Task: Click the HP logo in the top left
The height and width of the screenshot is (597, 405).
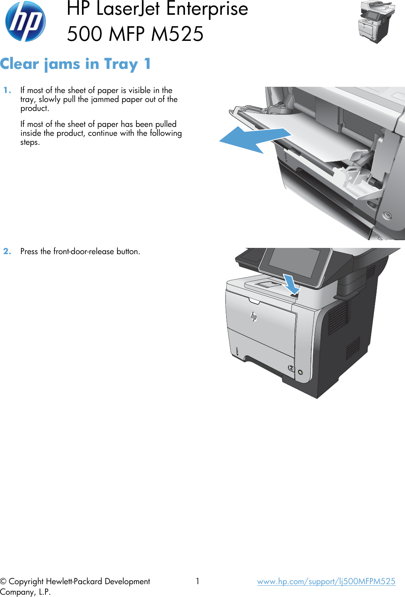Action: point(25,21)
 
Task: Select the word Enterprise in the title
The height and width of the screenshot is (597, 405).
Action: point(207,9)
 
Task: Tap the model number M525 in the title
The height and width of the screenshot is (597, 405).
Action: point(177,34)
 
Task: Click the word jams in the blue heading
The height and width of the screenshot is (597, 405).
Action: point(63,64)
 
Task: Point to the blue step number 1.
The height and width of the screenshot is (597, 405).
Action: point(7,90)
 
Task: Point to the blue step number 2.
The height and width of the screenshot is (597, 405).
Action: point(7,251)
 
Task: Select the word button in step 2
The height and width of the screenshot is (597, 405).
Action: point(127,251)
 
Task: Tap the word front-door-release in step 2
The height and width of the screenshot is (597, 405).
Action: point(84,251)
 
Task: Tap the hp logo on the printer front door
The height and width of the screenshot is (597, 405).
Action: point(254,316)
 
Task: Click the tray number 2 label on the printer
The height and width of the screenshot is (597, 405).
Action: point(291,368)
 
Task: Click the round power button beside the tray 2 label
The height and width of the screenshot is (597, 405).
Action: point(300,372)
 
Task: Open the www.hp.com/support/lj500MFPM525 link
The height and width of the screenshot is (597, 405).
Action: point(326,581)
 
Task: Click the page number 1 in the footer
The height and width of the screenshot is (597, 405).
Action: point(197,581)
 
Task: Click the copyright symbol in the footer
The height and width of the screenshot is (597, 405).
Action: point(3,582)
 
